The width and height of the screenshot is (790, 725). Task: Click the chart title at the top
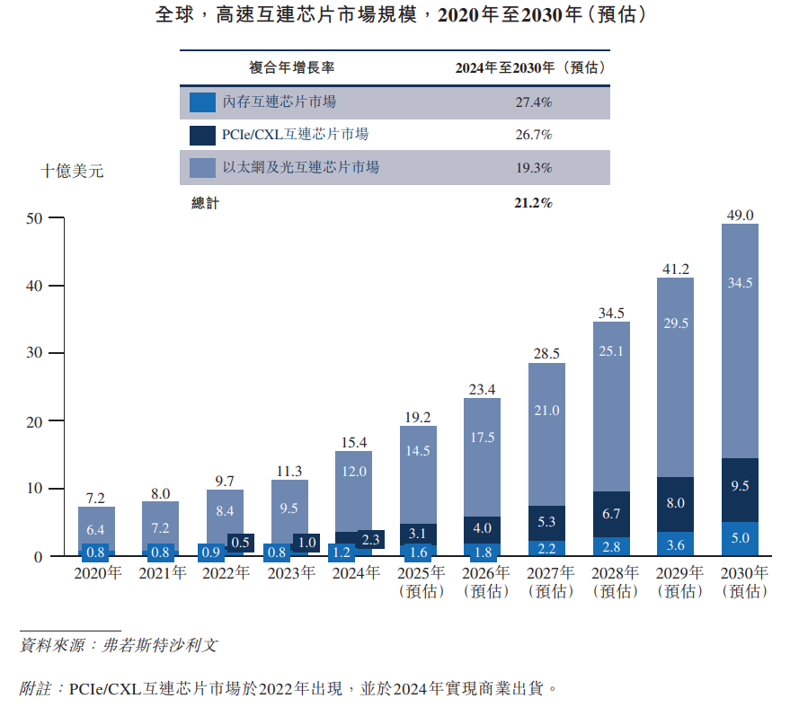(395, 16)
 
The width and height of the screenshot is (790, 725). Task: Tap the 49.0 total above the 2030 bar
(740, 215)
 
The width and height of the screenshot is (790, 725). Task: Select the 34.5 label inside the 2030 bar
(740, 282)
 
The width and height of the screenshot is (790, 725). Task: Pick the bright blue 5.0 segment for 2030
(740, 539)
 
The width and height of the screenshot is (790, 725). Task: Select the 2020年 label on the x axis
(96, 573)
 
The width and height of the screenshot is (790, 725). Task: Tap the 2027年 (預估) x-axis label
(546, 582)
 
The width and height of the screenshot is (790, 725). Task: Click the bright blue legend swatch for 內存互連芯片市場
(202, 102)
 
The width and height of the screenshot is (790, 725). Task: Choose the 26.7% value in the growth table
(533, 135)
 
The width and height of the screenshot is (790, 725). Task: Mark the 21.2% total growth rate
(533, 203)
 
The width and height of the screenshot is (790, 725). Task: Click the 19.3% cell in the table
(533, 168)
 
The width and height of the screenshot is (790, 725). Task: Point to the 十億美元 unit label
(72, 171)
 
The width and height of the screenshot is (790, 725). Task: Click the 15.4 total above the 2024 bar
(353, 442)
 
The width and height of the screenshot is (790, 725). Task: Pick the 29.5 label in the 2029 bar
(675, 323)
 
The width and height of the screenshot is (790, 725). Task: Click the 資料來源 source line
(118, 645)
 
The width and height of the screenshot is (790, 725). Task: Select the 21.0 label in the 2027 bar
(546, 411)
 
